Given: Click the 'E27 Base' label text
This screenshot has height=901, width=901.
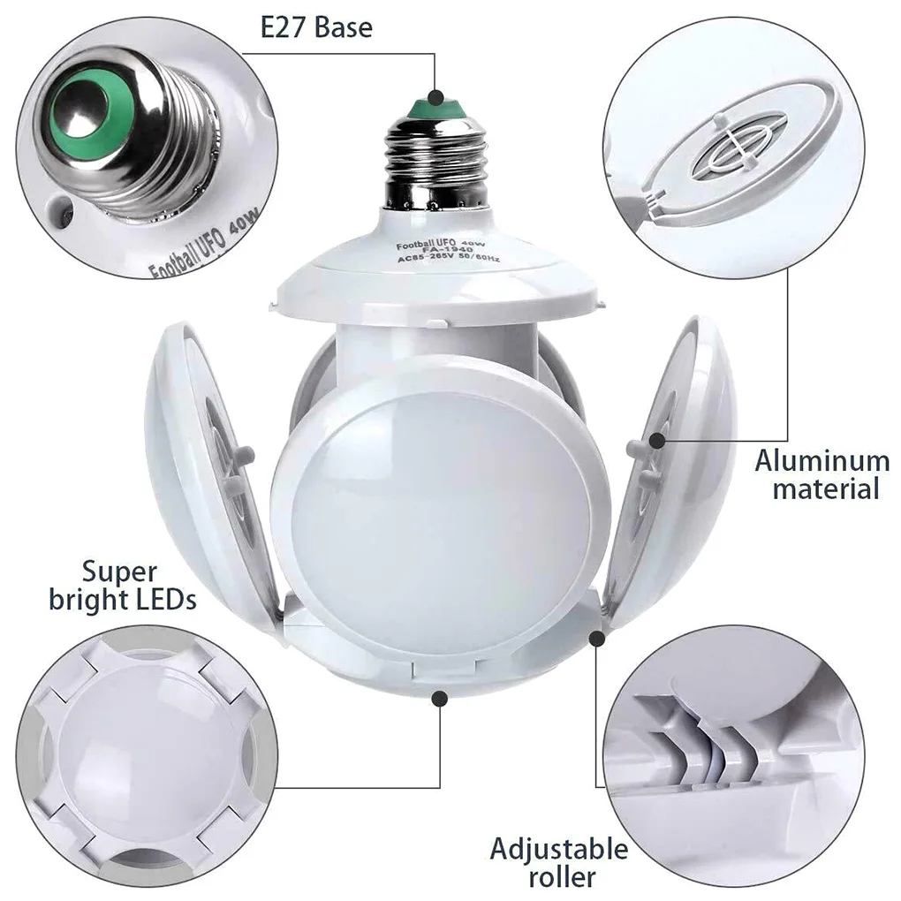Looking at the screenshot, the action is (x=316, y=27).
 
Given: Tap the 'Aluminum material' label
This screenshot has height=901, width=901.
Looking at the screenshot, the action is (x=822, y=474).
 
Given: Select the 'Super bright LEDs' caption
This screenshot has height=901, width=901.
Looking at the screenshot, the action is (x=123, y=585).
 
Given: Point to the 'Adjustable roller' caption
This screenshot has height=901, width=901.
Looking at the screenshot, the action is (x=559, y=862).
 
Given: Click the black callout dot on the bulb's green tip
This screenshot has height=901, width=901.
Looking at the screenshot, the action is (x=436, y=96).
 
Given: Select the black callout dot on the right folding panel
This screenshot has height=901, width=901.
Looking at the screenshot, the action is (x=657, y=441).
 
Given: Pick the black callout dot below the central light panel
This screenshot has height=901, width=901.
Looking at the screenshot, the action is (x=440, y=699).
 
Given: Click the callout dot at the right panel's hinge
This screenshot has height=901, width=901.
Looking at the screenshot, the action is (x=597, y=638).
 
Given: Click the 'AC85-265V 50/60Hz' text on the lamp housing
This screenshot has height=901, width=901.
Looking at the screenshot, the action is (x=449, y=259).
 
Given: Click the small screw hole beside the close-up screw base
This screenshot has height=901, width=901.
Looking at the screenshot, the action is (x=60, y=210).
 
